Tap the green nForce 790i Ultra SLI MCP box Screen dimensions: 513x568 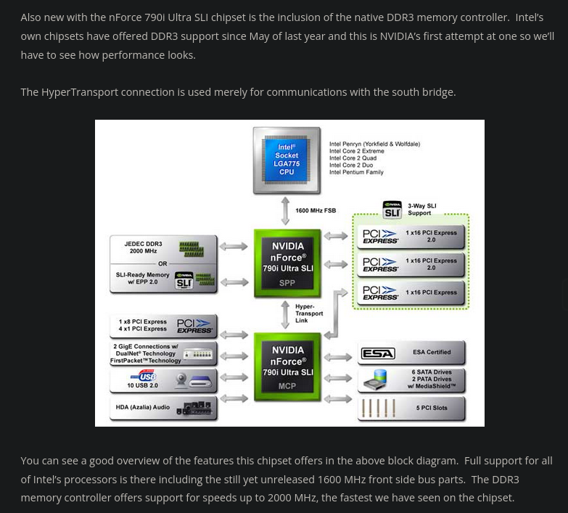click(287, 366)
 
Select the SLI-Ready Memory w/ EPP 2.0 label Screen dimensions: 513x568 click(143, 279)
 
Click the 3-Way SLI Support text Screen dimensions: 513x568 click(421, 210)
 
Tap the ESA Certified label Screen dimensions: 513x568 click(432, 353)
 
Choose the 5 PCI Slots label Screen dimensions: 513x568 click(432, 408)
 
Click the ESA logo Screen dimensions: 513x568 click(378, 353)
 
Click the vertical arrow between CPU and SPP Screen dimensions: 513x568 click(286, 211)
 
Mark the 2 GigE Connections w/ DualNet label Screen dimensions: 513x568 click(144, 353)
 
